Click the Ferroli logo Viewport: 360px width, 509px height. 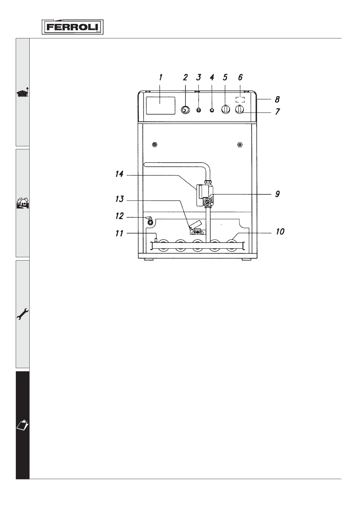coord(73,27)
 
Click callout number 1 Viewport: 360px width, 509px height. coord(161,77)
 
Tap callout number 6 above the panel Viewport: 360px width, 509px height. coord(241,77)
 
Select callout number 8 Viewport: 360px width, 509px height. coord(277,99)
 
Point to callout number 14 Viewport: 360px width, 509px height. coord(119,174)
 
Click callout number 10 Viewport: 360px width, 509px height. coord(280,232)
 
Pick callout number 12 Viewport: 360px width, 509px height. coord(119,216)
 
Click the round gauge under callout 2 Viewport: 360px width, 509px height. coord(185,110)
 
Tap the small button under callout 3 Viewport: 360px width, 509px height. coord(198,110)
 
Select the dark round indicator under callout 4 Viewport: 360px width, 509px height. coord(212,110)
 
